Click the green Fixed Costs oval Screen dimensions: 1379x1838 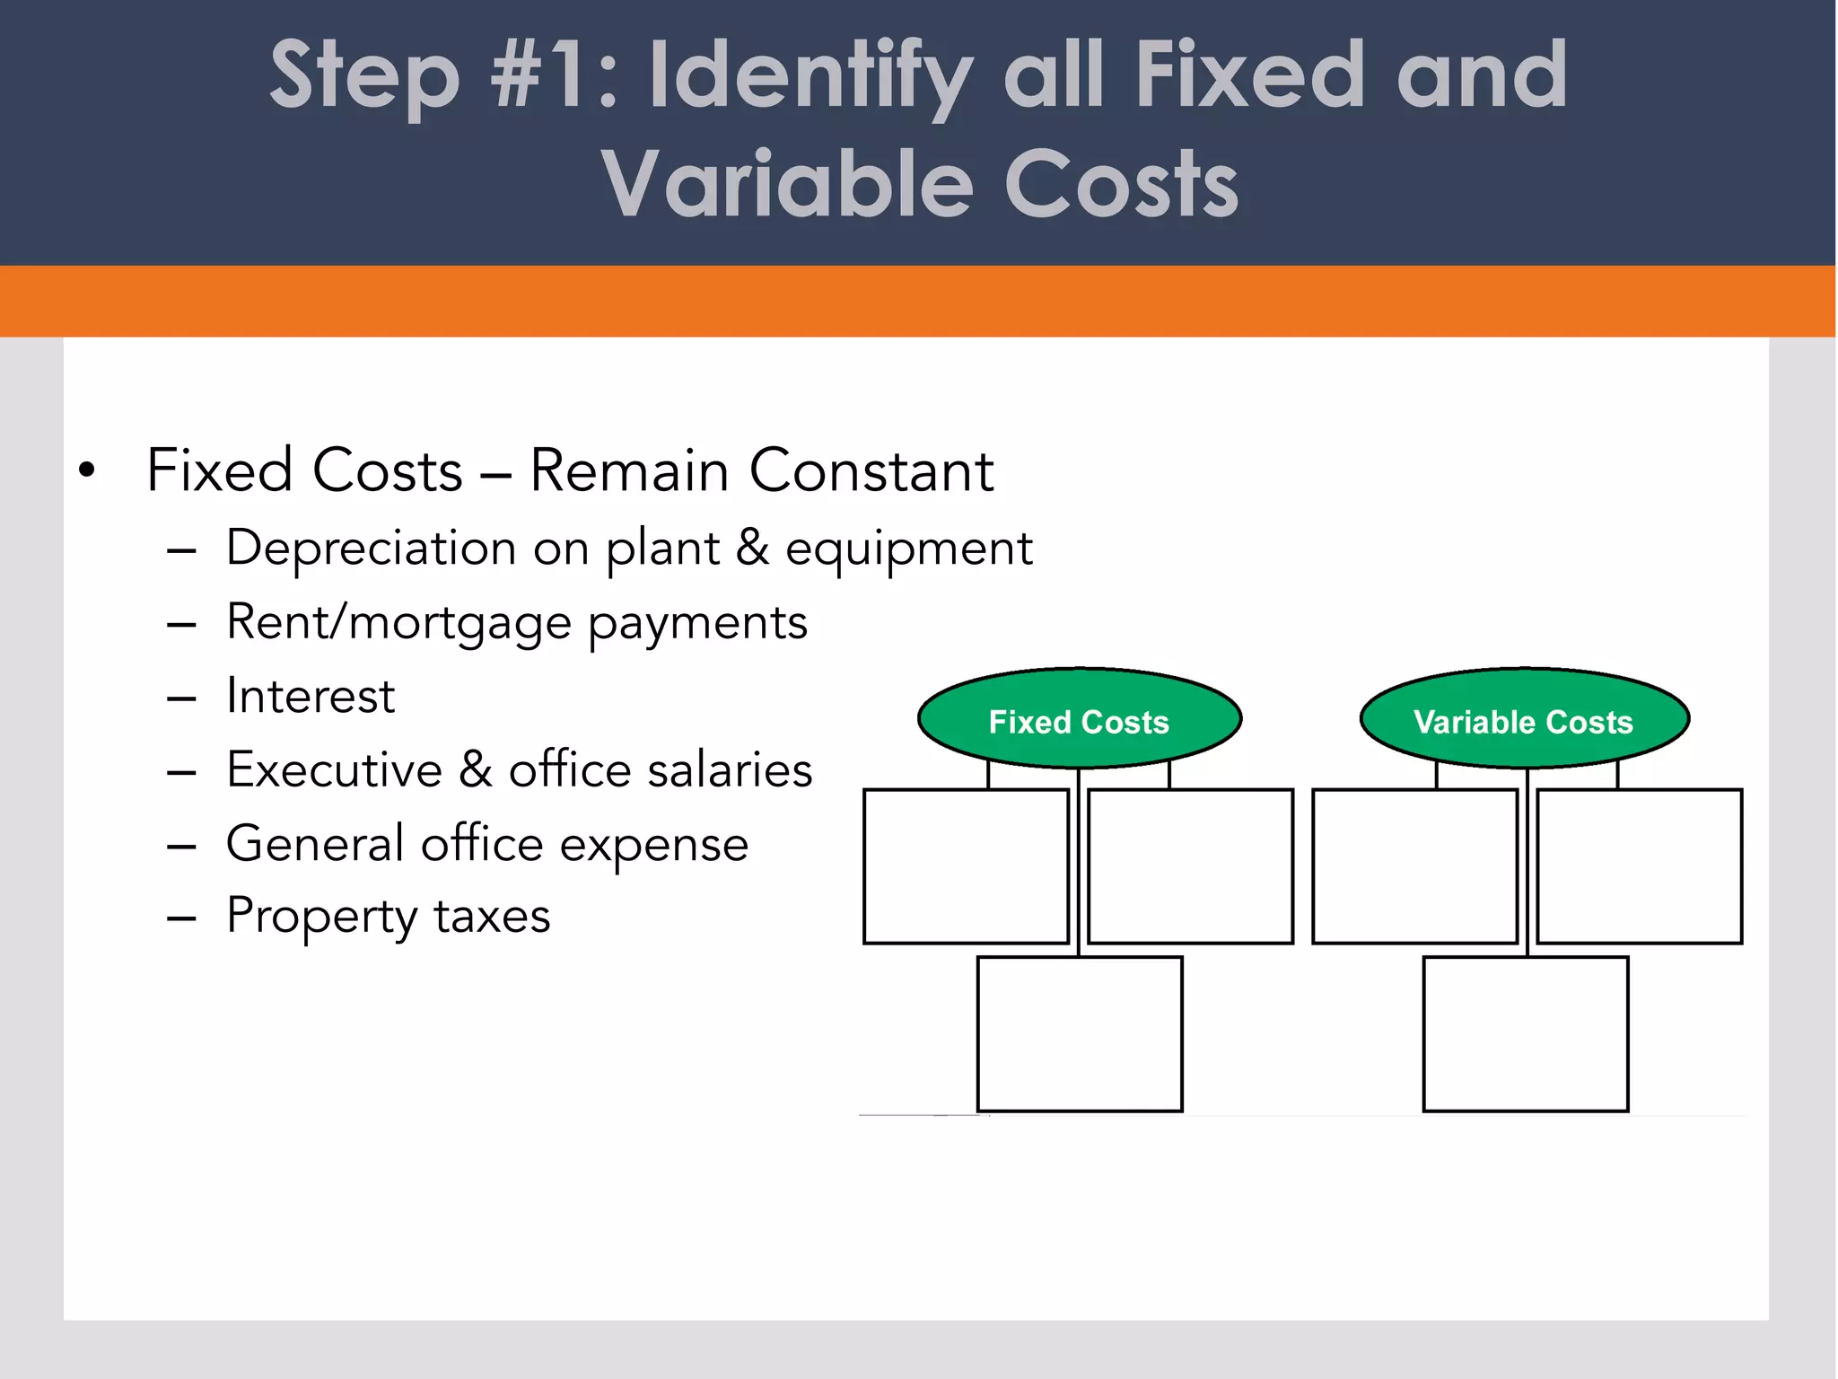click(1079, 719)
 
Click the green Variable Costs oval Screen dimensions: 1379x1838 click(1524, 719)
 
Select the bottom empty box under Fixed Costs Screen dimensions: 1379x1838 click(1080, 1033)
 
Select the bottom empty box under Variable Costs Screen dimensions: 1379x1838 click(1526, 1033)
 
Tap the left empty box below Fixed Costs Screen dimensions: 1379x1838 click(966, 866)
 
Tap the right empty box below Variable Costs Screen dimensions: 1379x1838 click(1640, 866)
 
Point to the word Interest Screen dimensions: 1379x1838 click(311, 696)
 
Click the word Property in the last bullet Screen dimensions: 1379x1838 click(321, 918)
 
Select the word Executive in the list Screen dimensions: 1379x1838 click(334, 770)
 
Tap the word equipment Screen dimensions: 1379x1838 click(908, 550)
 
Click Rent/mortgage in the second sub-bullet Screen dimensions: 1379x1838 click(398, 623)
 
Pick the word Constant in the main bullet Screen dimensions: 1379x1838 click(871, 470)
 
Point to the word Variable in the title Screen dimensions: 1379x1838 click(786, 184)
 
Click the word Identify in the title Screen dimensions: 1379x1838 click(810, 79)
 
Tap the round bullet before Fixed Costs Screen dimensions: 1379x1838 click(86, 470)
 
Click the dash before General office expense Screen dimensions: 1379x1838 click(181, 846)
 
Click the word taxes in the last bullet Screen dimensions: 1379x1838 click(492, 917)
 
